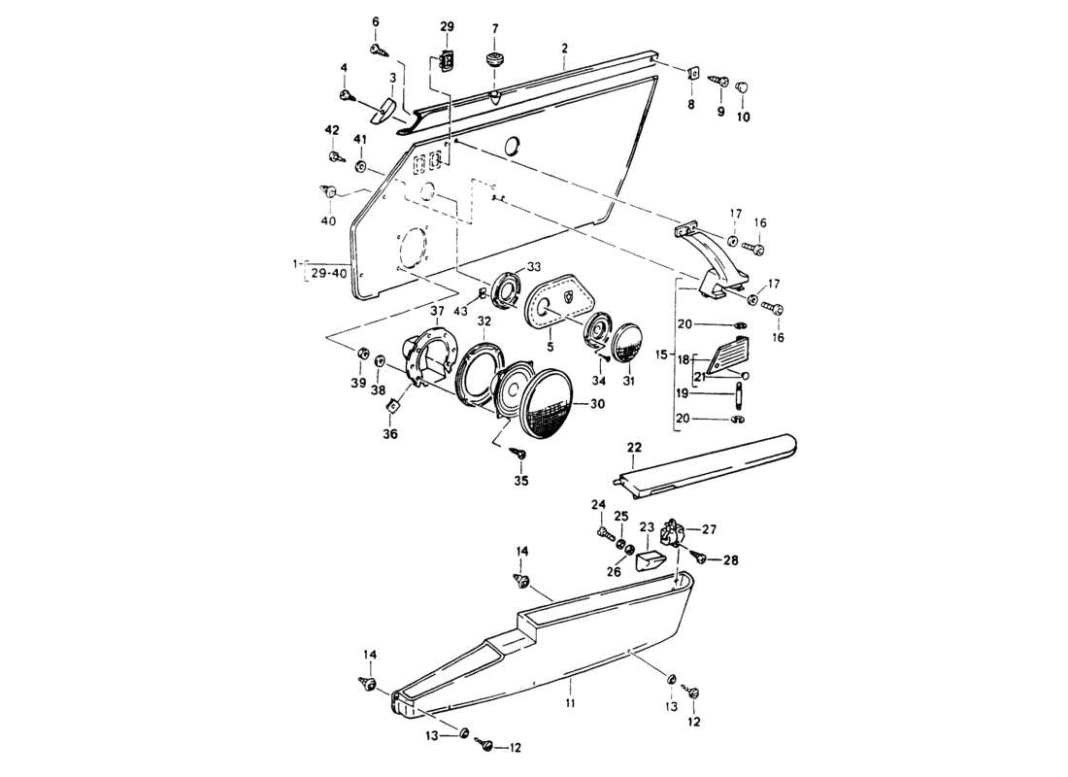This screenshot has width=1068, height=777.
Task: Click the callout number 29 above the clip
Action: (x=447, y=26)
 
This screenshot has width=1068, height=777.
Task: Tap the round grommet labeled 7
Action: (x=495, y=62)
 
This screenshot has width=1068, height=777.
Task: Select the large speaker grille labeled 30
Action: (x=550, y=404)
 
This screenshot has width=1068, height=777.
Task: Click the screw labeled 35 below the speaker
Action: (x=519, y=454)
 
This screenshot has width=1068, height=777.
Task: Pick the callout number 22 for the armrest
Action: (x=634, y=447)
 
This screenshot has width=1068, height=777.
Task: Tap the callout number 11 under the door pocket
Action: (x=571, y=700)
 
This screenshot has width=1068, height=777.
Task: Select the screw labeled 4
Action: (x=347, y=94)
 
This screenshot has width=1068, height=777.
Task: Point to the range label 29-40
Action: (x=330, y=274)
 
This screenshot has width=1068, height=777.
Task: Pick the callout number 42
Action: (x=332, y=130)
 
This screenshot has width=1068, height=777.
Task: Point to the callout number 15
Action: (x=662, y=356)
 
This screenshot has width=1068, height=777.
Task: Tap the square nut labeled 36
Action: (x=394, y=407)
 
